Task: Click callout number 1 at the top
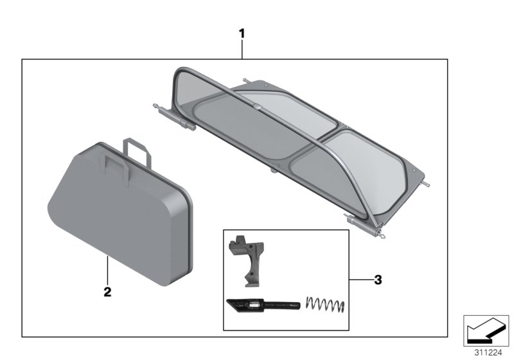click(x=242, y=33)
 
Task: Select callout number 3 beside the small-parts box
click(x=377, y=280)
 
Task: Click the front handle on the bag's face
click(x=116, y=164)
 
